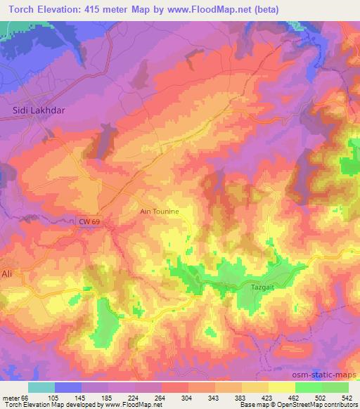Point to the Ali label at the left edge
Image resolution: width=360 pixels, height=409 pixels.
tap(6, 273)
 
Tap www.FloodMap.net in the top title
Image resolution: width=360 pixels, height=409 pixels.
tap(212, 9)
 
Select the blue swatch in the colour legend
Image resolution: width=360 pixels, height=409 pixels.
tap(68, 387)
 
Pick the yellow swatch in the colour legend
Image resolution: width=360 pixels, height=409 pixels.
tap(281, 387)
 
